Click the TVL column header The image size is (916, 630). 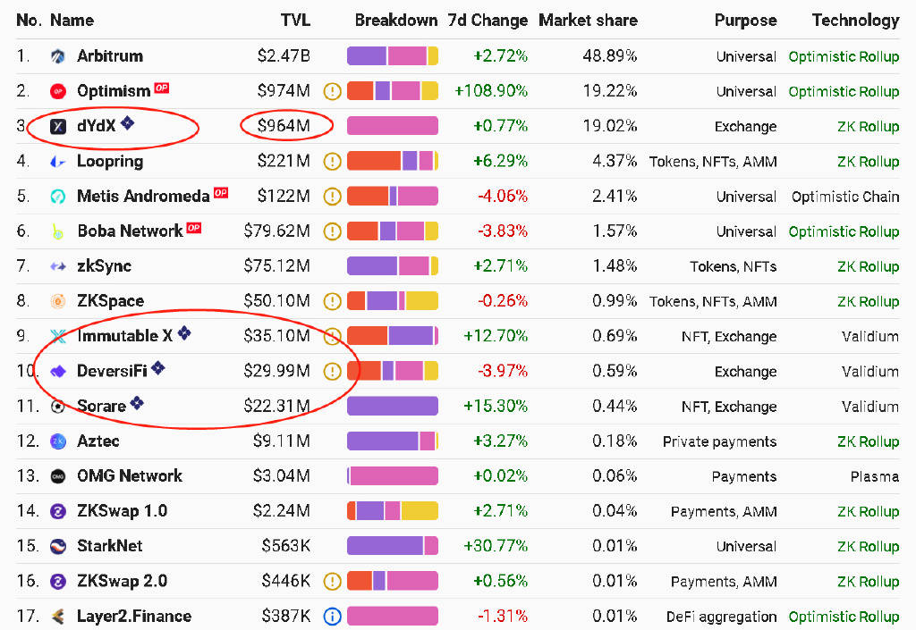click(295, 20)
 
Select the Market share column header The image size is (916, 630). click(588, 20)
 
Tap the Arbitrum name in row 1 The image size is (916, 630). click(110, 55)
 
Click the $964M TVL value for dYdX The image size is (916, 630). click(284, 126)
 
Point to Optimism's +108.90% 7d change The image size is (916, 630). click(491, 91)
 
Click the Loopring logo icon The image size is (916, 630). click(58, 162)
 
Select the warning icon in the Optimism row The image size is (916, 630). click(333, 91)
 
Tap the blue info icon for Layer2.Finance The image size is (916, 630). click(333, 616)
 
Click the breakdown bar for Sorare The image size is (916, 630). click(392, 406)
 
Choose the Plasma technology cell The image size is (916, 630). click(874, 476)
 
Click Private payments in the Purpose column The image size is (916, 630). click(719, 441)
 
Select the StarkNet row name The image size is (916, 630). click(110, 546)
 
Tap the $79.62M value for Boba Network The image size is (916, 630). click(276, 231)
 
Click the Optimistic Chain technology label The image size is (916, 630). click(845, 196)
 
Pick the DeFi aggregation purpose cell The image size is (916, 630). click(721, 616)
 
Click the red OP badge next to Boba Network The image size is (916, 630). click(193, 229)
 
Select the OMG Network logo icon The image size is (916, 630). click(58, 476)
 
